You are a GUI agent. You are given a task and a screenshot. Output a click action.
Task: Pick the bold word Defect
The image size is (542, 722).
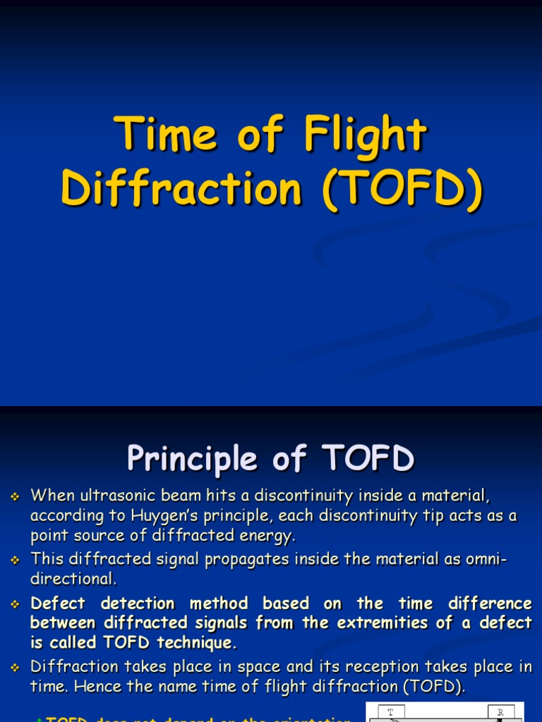(x=58, y=604)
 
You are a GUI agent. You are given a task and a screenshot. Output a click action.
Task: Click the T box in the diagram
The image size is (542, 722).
(x=391, y=712)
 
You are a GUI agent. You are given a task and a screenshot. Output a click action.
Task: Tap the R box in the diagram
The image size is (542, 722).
(x=500, y=712)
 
